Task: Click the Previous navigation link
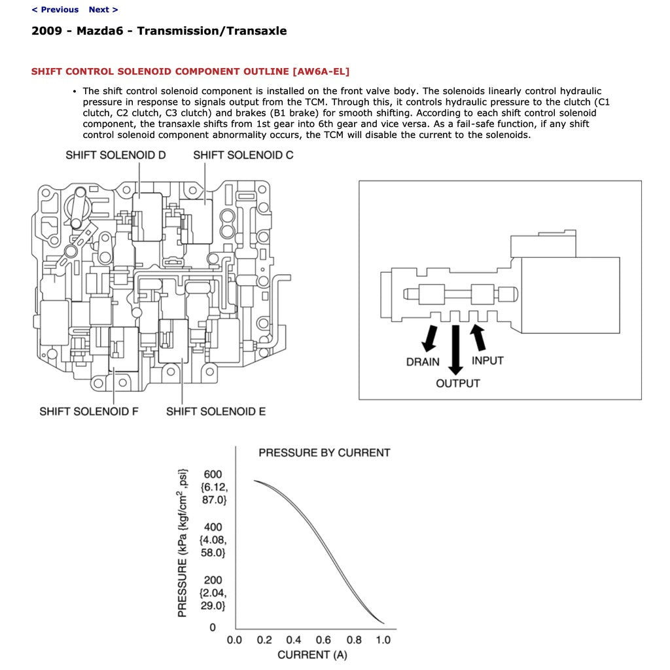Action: (x=55, y=10)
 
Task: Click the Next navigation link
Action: (x=103, y=10)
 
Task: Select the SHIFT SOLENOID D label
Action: (x=116, y=155)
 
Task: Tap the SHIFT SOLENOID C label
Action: (x=243, y=155)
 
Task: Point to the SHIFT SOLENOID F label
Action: (x=88, y=412)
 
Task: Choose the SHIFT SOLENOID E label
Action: (x=216, y=412)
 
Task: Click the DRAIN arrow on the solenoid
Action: (x=430, y=336)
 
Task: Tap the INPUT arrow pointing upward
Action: (x=478, y=336)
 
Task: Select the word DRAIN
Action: (x=423, y=362)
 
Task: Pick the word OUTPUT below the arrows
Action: (x=458, y=383)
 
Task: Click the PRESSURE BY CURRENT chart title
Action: (x=324, y=453)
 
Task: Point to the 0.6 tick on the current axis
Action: (x=323, y=640)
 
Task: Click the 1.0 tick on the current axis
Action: (x=383, y=640)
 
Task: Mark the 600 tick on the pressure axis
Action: (x=213, y=474)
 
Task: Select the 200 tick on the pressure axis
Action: (x=213, y=580)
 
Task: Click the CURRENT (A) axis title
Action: (x=312, y=655)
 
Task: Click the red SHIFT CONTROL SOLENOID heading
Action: (x=195, y=71)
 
